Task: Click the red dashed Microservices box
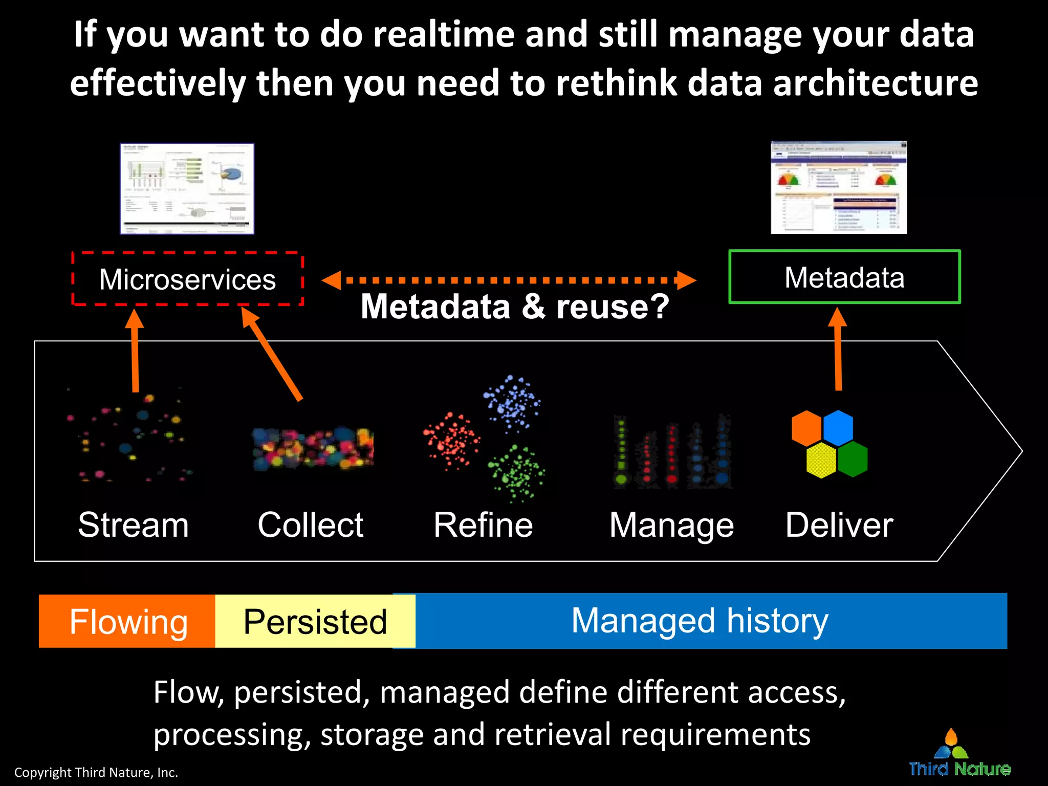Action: (187, 279)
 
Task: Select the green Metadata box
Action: (844, 277)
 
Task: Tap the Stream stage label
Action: (133, 525)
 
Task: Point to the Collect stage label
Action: (310, 525)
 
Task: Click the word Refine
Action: (483, 525)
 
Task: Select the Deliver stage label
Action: (839, 525)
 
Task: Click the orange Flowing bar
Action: (128, 621)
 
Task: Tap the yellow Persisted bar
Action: (315, 621)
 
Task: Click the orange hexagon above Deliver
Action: (806, 428)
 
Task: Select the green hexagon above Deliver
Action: (853, 459)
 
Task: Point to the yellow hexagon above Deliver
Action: (821, 460)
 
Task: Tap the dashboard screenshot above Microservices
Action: (187, 188)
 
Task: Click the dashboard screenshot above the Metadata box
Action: (839, 187)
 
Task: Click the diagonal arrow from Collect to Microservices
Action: (272, 354)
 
